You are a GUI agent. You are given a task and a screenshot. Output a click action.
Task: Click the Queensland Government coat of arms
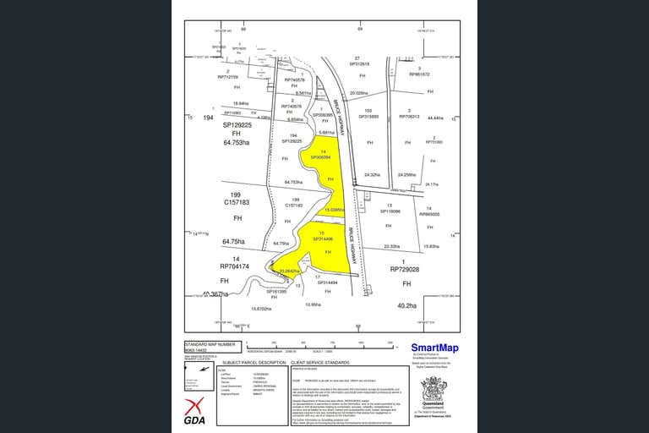(437, 390)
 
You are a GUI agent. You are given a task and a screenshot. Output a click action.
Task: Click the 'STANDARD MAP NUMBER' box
(205, 346)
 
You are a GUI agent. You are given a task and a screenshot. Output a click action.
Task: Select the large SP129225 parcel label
(237, 124)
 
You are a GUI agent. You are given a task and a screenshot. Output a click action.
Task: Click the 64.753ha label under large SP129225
(237, 143)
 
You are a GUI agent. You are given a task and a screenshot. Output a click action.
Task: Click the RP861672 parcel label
(420, 74)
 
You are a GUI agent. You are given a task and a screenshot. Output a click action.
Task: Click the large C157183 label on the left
(237, 203)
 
